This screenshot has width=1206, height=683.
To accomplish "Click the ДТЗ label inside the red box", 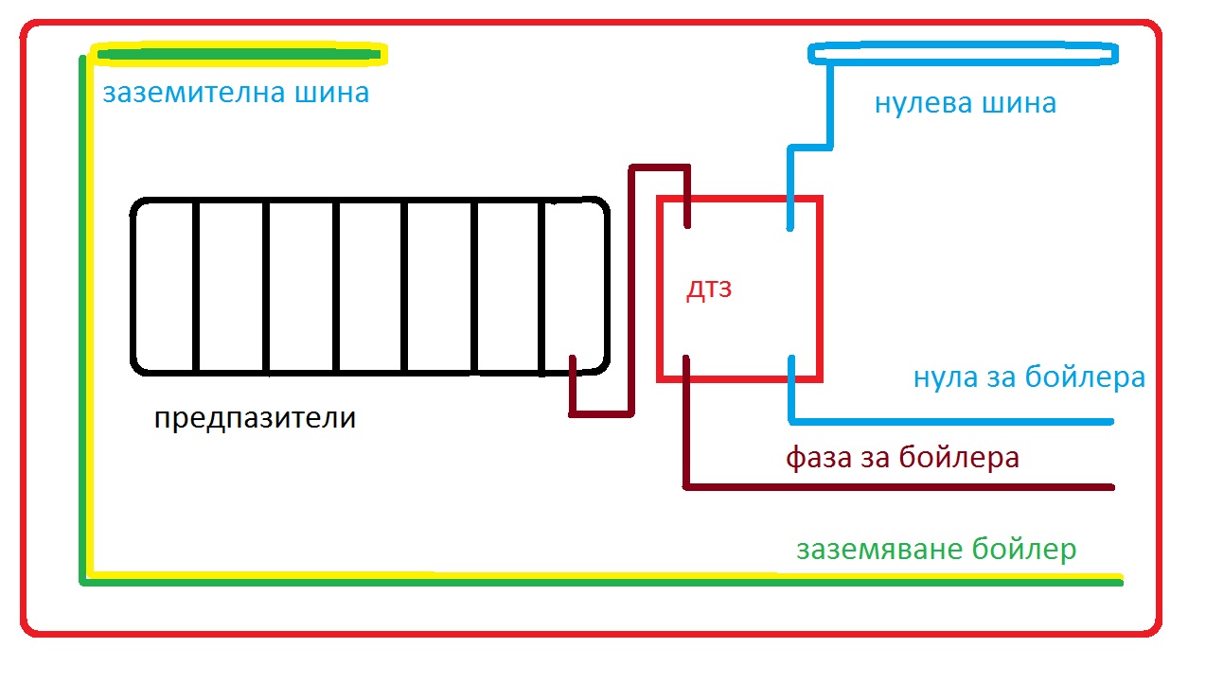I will point(710,289).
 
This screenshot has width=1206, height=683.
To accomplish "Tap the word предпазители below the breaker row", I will point(255,418).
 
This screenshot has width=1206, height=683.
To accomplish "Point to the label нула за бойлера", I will point(1029,377).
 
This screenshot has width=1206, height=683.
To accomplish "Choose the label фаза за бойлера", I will point(902,459).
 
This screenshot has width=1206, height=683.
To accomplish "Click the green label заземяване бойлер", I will point(936,550).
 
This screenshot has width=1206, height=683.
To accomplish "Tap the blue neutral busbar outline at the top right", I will point(963,53).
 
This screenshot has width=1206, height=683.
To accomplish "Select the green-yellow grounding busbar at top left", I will point(237,55).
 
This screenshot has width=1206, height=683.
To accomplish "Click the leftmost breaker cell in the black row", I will point(164,286).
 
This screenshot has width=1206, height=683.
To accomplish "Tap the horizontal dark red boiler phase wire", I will point(899,488).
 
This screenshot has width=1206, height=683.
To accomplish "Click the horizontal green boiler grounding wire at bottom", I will point(606,581).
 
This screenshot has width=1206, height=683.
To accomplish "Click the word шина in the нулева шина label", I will point(1020,102).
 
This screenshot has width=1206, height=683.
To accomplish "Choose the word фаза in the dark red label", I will point(819,459).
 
